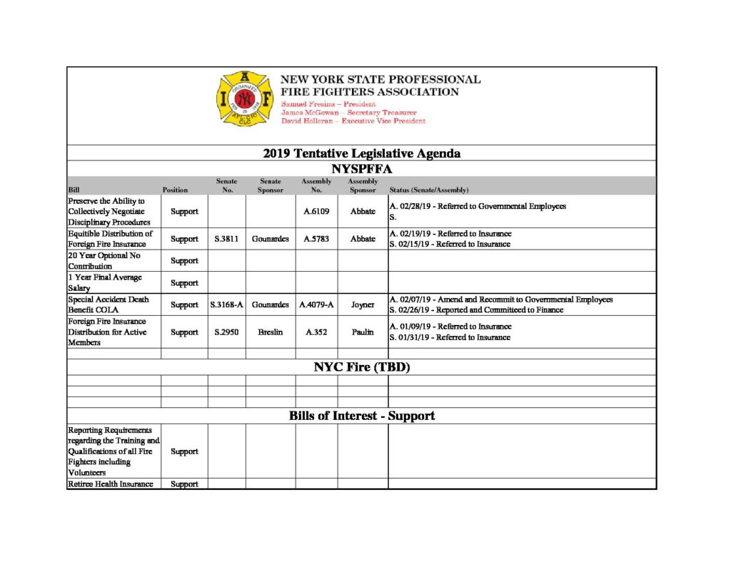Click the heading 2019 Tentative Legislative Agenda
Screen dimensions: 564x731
coord(361,153)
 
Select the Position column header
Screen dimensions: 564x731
coord(175,190)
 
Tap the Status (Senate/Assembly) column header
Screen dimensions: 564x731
coord(428,190)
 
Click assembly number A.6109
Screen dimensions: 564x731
coord(317,212)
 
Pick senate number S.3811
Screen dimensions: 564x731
coord(226,239)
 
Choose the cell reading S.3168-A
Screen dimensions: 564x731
coord(227,305)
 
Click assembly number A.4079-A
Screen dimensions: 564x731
coord(317,305)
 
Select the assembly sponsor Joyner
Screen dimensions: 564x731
coord(363,305)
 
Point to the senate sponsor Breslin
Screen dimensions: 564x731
coord(271,332)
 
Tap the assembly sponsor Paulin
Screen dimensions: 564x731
coord(363,332)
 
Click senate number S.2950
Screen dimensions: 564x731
coord(226,332)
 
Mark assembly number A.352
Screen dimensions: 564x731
coord(317,332)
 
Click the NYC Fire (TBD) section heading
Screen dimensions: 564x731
coord(361,368)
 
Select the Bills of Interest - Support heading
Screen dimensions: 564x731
coord(361,416)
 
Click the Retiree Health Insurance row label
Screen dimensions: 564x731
coord(111,484)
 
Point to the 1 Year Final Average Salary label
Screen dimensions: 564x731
coord(105,282)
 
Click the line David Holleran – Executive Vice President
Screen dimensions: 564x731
coord(353,121)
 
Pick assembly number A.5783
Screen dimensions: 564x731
coord(317,239)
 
